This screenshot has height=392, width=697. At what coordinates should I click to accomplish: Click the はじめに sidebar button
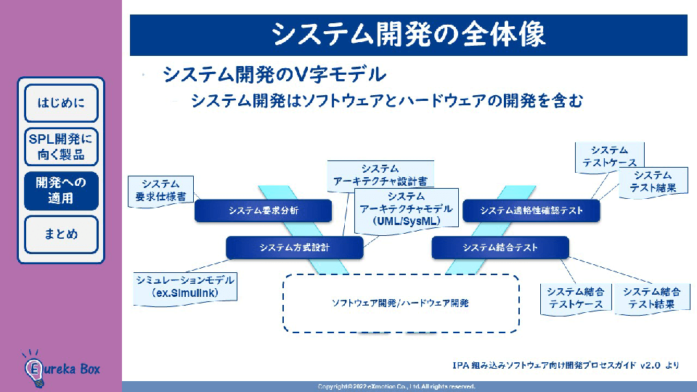pos(61,102)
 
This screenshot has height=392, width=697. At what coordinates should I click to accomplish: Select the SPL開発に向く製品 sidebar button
pos(61,147)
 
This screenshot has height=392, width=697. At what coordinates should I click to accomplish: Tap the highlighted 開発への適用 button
pos(61,191)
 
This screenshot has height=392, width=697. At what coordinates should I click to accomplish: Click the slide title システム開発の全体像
pos(408,34)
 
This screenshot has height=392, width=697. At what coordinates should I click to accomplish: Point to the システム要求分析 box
pos(264,211)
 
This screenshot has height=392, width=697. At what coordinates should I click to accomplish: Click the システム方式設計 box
pos(294,248)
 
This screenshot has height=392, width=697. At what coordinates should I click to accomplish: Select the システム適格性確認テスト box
pos(532,211)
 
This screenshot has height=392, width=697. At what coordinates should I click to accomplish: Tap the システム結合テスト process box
pos(500,248)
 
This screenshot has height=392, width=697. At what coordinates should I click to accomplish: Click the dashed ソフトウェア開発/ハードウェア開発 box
pos(400,303)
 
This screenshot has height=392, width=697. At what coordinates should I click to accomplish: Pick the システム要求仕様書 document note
pos(160,190)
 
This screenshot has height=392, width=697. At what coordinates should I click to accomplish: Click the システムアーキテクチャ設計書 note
pos(379,175)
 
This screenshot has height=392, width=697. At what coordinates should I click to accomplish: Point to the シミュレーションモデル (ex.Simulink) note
pos(185,286)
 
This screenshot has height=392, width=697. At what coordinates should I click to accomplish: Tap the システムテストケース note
pos(609,157)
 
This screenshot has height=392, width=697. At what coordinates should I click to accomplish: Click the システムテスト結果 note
pos(652,181)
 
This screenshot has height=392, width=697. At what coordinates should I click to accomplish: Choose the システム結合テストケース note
pos(576,298)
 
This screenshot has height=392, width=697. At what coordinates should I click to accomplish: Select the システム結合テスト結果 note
pos(651,298)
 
